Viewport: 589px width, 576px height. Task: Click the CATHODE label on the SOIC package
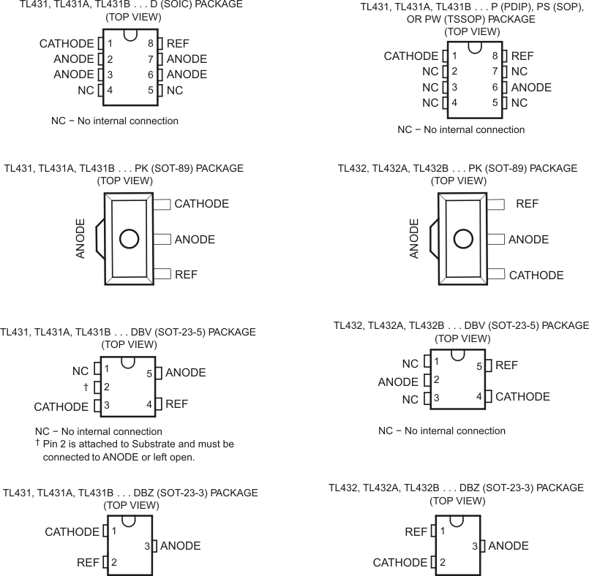tap(67, 44)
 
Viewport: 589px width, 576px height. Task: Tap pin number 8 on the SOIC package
tap(150, 44)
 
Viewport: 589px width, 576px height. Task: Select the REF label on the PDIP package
tap(522, 56)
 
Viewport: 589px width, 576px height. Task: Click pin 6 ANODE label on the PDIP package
tap(531, 87)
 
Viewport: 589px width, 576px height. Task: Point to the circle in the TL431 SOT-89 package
tap(129, 239)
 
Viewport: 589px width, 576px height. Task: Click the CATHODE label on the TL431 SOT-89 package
tap(201, 204)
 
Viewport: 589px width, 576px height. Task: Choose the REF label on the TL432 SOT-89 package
tap(527, 204)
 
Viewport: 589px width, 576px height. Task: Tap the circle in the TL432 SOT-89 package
tap(462, 239)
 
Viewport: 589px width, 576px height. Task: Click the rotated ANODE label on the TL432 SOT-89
tap(414, 238)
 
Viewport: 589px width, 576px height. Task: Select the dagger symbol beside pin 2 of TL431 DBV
tap(86, 387)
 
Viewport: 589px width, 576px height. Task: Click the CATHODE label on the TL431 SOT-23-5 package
tap(61, 406)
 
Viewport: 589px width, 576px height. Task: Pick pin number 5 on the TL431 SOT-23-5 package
tap(149, 374)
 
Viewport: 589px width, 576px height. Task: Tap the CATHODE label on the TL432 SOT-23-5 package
tap(522, 397)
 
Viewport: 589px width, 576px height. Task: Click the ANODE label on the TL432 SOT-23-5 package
tap(398, 382)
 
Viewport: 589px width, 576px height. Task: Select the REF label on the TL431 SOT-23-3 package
tap(88, 562)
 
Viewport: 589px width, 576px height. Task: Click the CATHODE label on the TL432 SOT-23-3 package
tap(400, 562)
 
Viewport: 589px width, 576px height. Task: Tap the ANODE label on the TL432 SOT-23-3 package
tap(509, 546)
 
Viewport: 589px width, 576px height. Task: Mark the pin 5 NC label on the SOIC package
tap(175, 91)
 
